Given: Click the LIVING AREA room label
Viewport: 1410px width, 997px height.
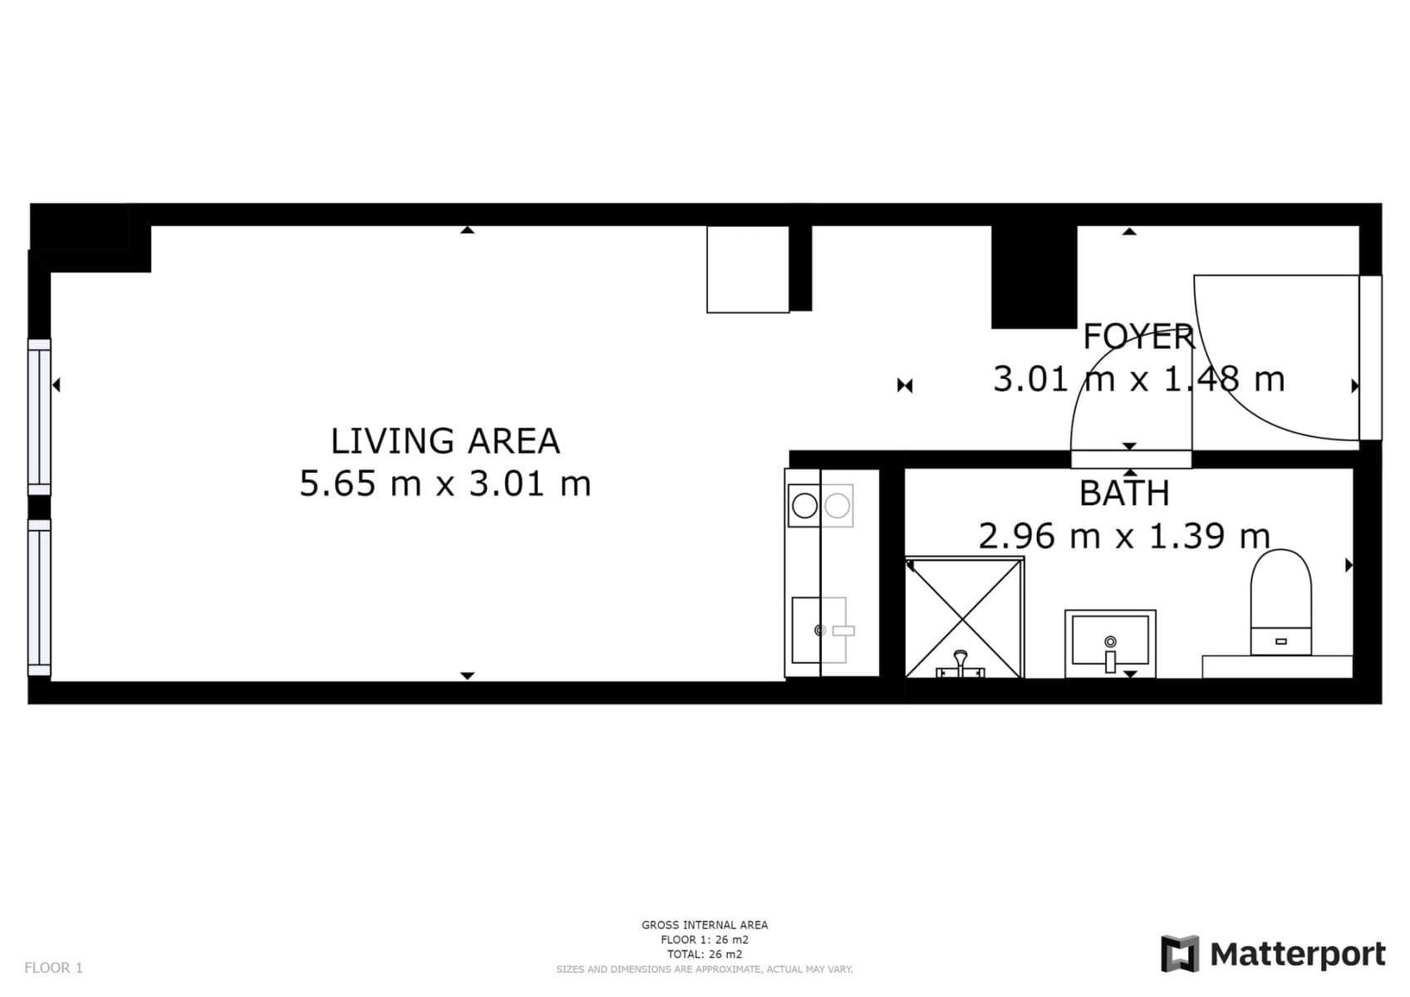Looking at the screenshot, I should [x=445, y=441].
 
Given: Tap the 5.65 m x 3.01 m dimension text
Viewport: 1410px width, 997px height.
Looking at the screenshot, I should [x=445, y=484].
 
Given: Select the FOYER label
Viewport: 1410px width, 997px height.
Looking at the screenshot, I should [x=1138, y=337].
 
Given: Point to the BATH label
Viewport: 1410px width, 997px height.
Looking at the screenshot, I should [x=1124, y=494].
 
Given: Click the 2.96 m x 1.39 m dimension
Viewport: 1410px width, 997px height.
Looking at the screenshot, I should [x=1123, y=536].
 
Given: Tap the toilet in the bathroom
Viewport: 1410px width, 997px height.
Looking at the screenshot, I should [x=1280, y=602].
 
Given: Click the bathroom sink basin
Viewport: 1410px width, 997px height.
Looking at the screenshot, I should [x=1110, y=641].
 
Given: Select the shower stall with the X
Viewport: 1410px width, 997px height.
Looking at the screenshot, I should [x=964, y=617].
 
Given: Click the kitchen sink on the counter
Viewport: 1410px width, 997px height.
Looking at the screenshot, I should [x=818, y=630].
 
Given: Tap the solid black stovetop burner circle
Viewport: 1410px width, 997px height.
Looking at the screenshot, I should [x=804, y=505].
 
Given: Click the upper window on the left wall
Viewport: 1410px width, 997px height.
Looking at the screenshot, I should [x=39, y=416].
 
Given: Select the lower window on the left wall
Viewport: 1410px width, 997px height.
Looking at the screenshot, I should [x=39, y=597].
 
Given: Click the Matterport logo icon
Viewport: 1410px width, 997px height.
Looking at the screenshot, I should [x=1180, y=953].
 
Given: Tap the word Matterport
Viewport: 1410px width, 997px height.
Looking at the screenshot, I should [x=1297, y=954].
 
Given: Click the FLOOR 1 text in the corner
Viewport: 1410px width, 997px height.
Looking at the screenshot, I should [x=53, y=967].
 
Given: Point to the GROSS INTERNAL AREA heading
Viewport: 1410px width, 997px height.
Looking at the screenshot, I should [x=704, y=925].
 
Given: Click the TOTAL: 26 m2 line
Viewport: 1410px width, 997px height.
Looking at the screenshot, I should [x=704, y=954].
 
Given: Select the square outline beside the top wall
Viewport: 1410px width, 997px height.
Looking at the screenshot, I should [x=747, y=269].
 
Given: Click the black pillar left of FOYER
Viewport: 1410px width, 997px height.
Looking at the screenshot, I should [x=1034, y=277].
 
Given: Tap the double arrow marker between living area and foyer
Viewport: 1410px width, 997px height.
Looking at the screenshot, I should [x=905, y=386].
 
